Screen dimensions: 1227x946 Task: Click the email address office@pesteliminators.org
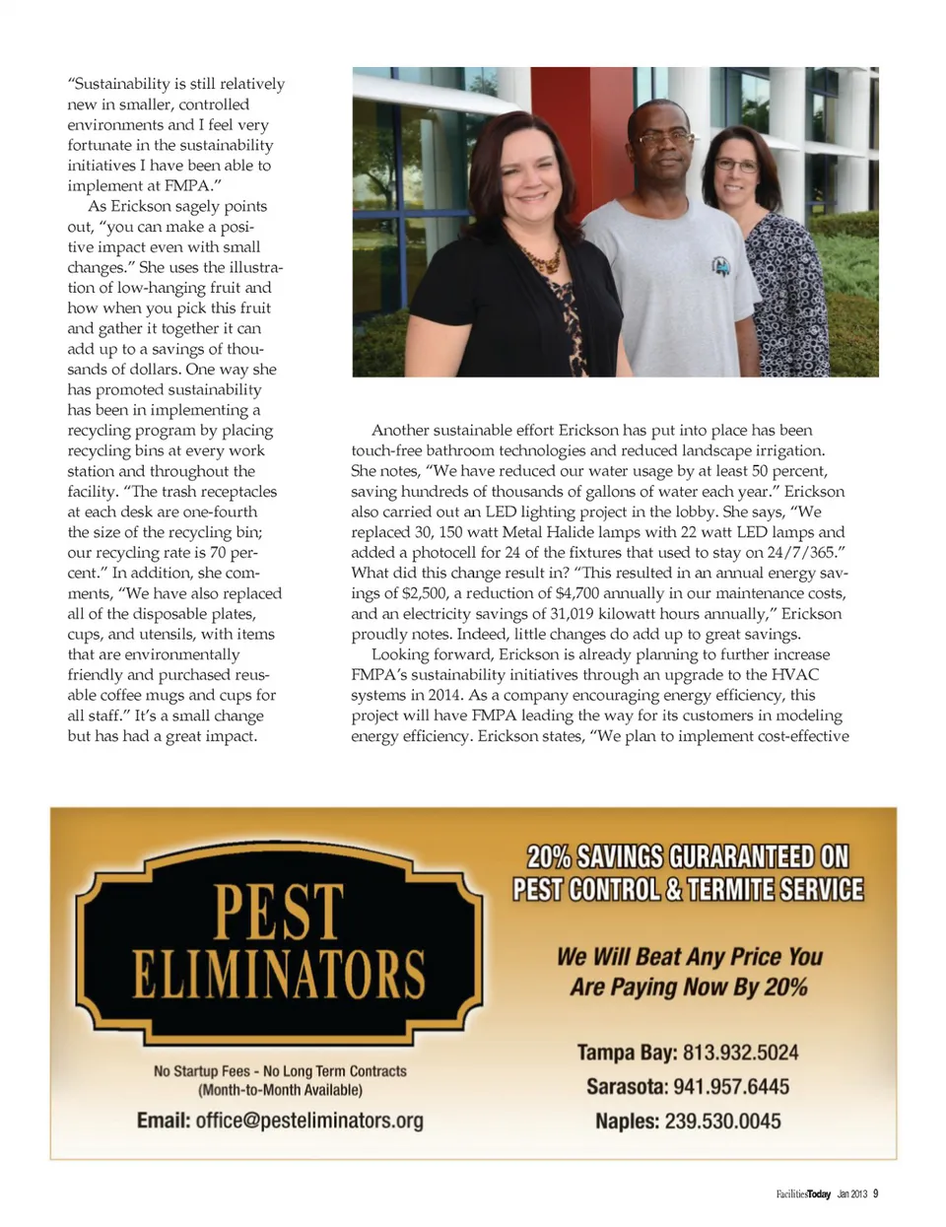(x=309, y=1121)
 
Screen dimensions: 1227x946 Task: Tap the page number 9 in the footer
(x=875, y=1194)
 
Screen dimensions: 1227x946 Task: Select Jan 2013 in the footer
(x=851, y=1194)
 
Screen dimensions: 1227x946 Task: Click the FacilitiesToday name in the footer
(x=803, y=1194)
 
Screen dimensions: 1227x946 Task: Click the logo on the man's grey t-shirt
(x=721, y=265)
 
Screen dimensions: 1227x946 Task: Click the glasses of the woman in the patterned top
(x=736, y=166)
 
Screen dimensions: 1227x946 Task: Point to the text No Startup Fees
(x=202, y=1071)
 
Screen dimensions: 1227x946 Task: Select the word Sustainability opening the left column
(x=119, y=84)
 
